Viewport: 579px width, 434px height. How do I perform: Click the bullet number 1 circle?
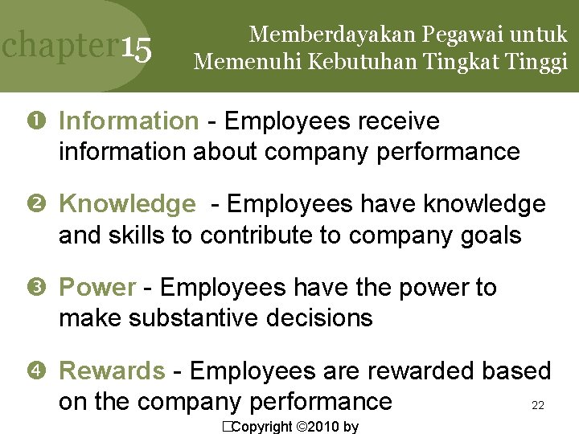pos(41,121)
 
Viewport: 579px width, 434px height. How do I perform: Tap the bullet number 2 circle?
pos(41,205)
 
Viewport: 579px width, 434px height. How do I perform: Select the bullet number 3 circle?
pos(41,288)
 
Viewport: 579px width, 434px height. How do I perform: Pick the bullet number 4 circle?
pos(41,371)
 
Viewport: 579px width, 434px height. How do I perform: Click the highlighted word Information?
pos(128,121)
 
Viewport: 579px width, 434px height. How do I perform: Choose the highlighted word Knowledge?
pos(126,205)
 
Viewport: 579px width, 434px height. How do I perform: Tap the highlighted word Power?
pos(98,288)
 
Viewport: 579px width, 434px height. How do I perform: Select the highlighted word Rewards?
pos(112,371)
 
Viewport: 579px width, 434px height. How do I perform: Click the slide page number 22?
pos(538,406)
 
